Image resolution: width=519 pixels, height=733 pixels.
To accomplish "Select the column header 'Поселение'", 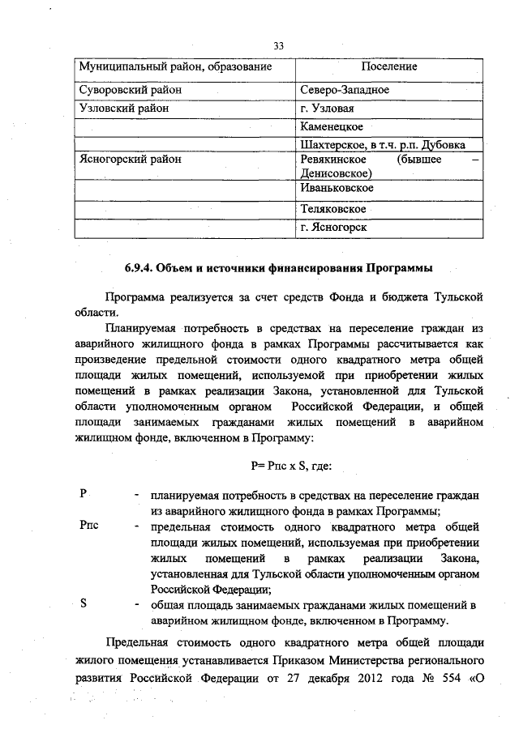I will coord(389,66).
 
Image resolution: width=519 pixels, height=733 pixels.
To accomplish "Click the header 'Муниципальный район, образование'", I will coord(174,66).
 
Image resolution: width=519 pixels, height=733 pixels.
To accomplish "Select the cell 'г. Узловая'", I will coord(328,108).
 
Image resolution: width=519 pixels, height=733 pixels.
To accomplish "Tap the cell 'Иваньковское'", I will coord(337,189).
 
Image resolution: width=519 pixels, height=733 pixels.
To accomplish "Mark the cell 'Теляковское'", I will coord(332,209).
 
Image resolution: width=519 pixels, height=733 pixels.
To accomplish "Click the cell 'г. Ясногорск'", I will coord(333,228).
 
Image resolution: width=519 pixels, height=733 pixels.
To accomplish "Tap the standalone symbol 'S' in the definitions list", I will coord(84,604).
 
